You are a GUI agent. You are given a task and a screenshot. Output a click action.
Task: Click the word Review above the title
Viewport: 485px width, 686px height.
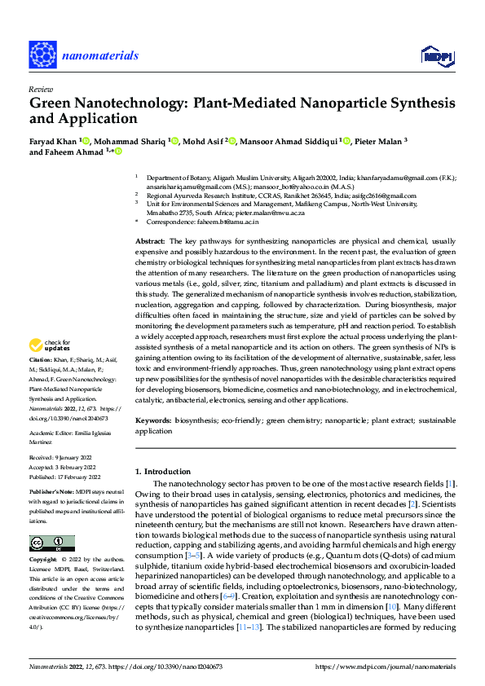[40, 89]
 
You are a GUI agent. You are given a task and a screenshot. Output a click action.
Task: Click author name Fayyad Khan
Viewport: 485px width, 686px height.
[53, 141]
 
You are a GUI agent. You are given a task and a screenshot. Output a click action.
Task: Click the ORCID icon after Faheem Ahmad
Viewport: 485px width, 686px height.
[118, 152]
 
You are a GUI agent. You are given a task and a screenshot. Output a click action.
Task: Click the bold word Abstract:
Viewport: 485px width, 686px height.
[150, 242]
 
